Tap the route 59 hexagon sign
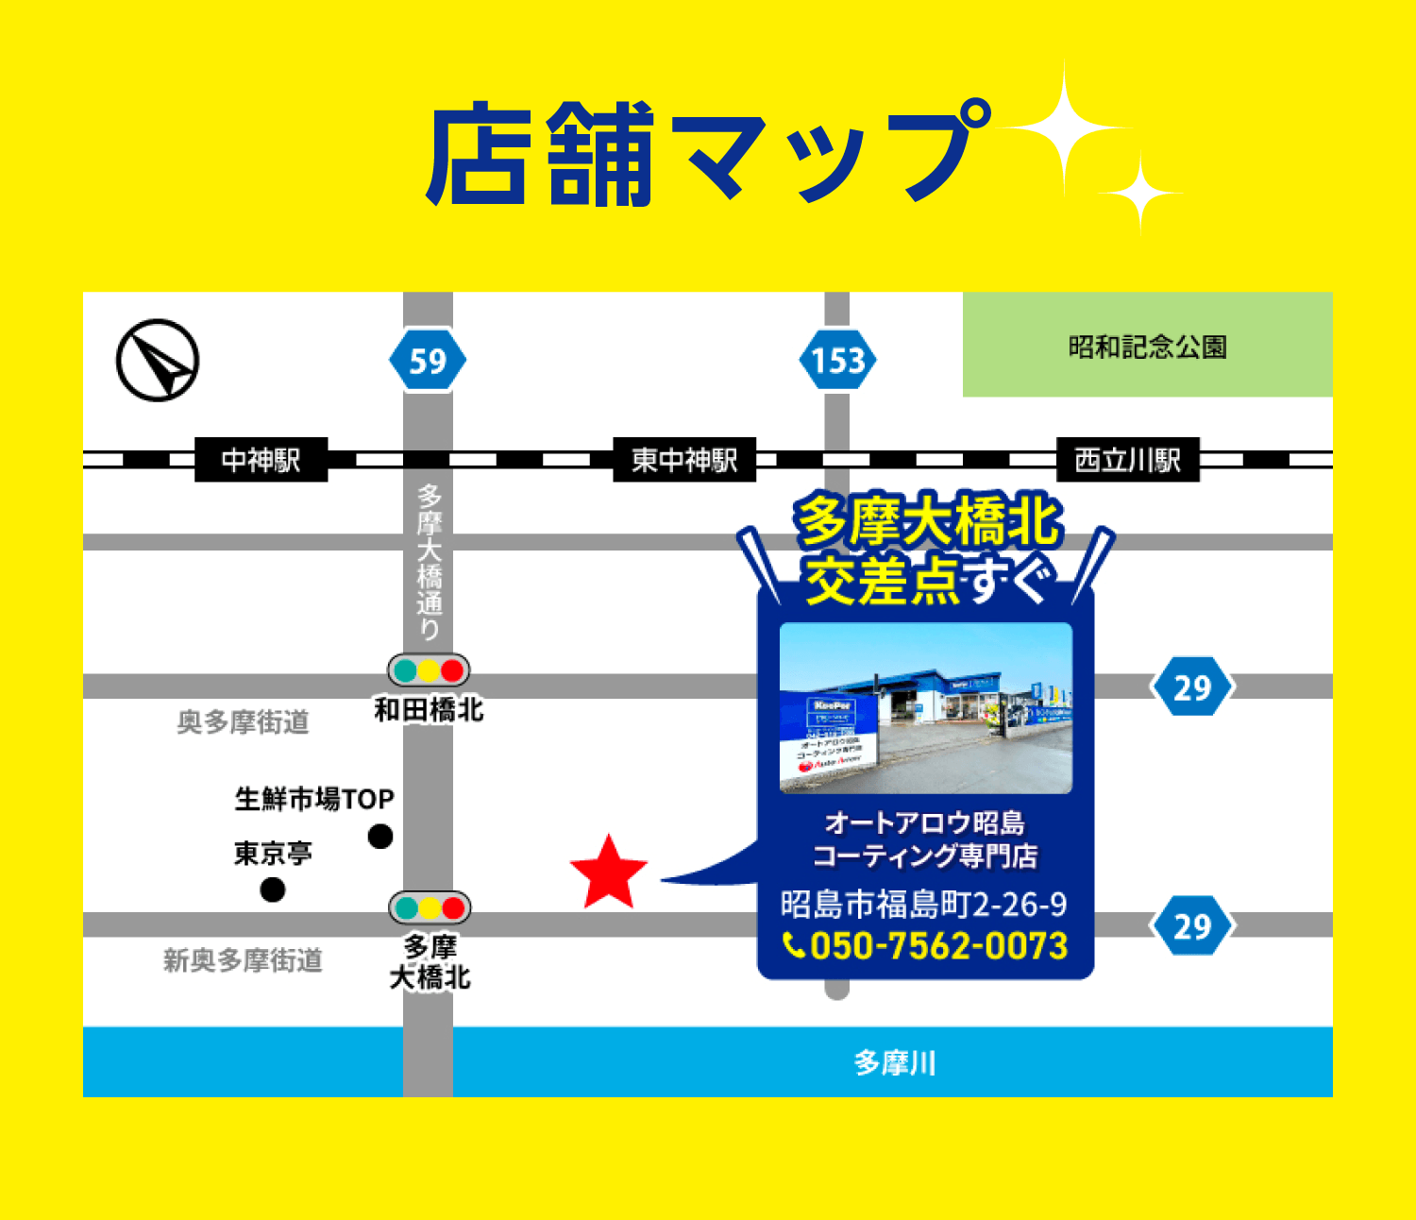(428, 360)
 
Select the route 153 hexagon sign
(837, 360)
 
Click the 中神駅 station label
(261, 460)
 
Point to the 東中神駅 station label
(684, 460)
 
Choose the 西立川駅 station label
(1127, 460)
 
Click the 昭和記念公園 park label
(1147, 347)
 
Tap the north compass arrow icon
(158, 360)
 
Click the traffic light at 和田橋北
(429, 670)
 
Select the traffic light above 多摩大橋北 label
(430, 908)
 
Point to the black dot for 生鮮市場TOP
(380, 837)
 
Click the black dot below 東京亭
(273, 890)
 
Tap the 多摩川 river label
(894, 1062)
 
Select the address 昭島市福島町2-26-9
(923, 904)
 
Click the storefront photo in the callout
(925, 708)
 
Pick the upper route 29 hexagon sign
(1192, 687)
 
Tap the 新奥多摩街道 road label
(243, 960)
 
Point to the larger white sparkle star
(1064, 130)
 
